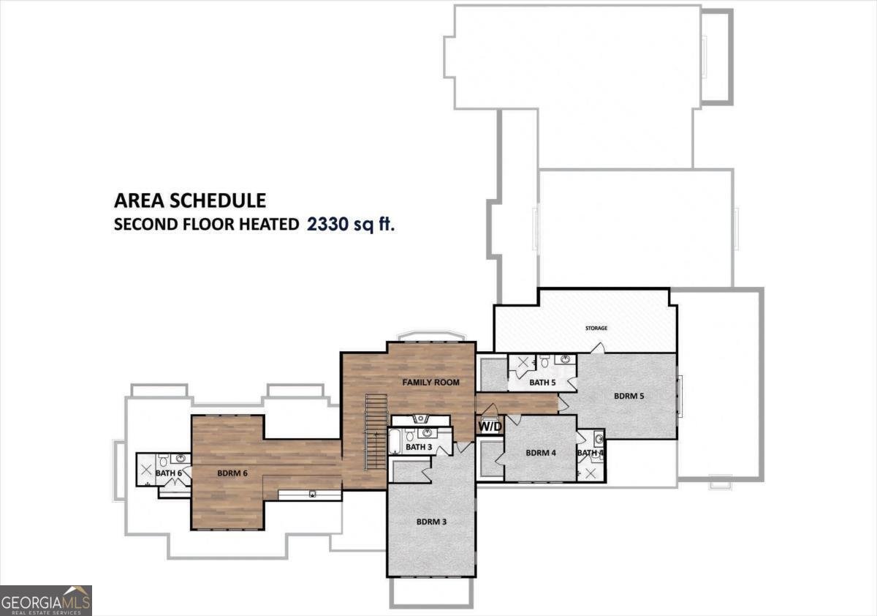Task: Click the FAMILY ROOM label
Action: tap(430, 382)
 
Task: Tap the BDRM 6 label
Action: tap(232, 473)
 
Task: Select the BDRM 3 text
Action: tap(431, 522)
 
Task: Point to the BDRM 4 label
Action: tap(541, 453)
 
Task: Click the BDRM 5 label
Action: tap(629, 396)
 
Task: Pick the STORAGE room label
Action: tap(596, 328)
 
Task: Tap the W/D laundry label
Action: tap(488, 426)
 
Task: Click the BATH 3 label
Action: tap(419, 447)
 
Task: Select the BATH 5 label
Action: tap(542, 382)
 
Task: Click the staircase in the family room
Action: tap(375, 432)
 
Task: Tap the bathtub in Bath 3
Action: tap(395, 443)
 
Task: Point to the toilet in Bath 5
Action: tap(544, 361)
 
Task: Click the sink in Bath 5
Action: tap(564, 360)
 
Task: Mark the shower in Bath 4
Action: tap(591, 473)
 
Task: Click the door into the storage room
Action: tap(598, 348)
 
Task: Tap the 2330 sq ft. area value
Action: tap(351, 224)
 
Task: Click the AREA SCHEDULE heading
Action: tap(189, 200)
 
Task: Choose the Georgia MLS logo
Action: tap(46, 600)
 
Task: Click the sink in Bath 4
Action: tap(599, 440)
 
